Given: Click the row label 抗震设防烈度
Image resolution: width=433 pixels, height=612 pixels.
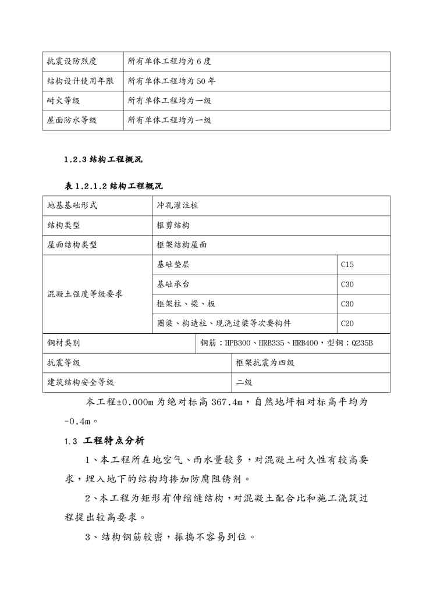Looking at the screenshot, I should pos(72,62).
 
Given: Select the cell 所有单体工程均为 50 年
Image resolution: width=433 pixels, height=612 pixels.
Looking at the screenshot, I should pos(172,81).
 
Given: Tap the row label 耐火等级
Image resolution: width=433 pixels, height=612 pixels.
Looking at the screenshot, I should pos(63,101).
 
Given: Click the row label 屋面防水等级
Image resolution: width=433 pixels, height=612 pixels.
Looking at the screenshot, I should pos(72,120).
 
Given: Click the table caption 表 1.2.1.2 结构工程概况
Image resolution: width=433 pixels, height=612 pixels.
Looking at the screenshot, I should pos(113,186).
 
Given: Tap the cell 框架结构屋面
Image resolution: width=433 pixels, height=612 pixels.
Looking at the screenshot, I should pos(182,245).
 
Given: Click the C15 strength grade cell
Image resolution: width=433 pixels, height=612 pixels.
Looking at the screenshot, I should pos(347,265).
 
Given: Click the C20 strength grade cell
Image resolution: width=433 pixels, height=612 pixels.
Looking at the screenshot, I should pos(347,323).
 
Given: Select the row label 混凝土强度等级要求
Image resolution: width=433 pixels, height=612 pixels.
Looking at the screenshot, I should pos(84,294).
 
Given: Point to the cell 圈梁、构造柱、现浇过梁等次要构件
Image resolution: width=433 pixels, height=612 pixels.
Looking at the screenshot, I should pos(223,323).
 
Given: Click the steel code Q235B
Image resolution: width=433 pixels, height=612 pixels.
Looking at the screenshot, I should pos(361,343).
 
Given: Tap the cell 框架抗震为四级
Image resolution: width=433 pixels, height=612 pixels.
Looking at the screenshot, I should pos(265,362).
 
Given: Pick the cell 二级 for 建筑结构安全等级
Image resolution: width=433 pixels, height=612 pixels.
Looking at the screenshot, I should pos(244,382).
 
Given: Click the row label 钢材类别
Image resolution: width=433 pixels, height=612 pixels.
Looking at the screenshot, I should pos(63,343).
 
